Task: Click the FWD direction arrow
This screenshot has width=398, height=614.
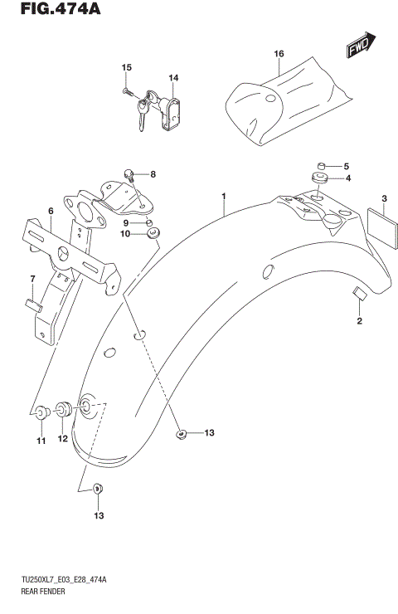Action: click(x=360, y=47)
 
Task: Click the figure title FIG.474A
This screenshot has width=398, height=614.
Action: click(x=43, y=11)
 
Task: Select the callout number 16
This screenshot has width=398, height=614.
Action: click(x=279, y=54)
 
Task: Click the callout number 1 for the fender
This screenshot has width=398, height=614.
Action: click(x=223, y=197)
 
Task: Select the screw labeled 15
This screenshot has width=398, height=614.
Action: click(x=126, y=90)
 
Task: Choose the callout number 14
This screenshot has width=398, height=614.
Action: click(x=173, y=79)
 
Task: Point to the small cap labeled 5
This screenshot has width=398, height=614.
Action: click(x=320, y=165)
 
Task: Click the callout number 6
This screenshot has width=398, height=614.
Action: click(x=51, y=212)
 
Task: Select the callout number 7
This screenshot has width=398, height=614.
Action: click(x=32, y=277)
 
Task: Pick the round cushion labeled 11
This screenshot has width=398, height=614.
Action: click(x=40, y=411)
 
